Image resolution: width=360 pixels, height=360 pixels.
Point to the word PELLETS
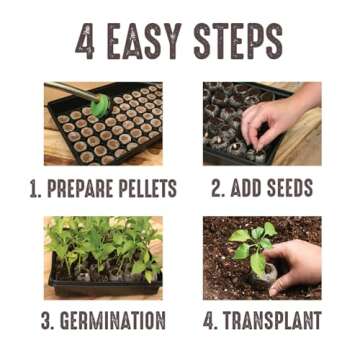(x=149, y=188)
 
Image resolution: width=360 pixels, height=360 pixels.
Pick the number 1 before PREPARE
(x=34, y=188)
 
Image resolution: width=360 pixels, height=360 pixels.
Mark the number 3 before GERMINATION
(x=48, y=321)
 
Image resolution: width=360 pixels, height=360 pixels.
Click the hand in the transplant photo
(x=295, y=265)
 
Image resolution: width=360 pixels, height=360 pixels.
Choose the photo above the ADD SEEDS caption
(x=262, y=124)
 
